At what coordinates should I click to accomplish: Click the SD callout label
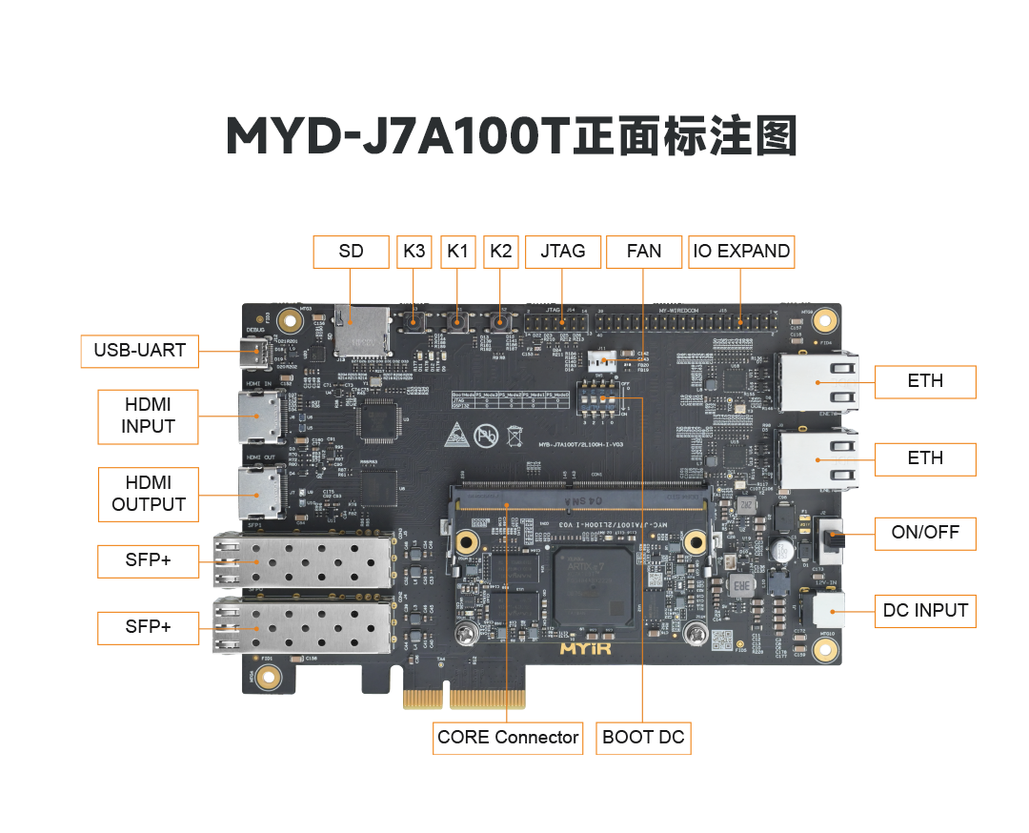click(352, 252)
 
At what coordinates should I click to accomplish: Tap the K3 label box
click(414, 252)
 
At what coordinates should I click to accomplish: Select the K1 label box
click(458, 252)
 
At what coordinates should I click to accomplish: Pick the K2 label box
click(501, 252)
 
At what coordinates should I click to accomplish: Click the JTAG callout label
click(563, 252)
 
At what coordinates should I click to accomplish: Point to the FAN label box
click(644, 252)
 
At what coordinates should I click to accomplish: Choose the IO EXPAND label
click(741, 252)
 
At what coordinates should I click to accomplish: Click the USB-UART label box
click(140, 351)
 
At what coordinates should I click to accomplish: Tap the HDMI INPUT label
click(149, 416)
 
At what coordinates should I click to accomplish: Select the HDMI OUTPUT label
click(149, 494)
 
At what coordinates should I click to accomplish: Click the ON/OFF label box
click(925, 533)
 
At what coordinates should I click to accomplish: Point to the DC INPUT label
click(925, 611)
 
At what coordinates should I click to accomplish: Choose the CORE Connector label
click(508, 737)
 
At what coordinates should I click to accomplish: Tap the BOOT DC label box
click(643, 737)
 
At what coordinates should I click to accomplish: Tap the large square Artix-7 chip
click(594, 586)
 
